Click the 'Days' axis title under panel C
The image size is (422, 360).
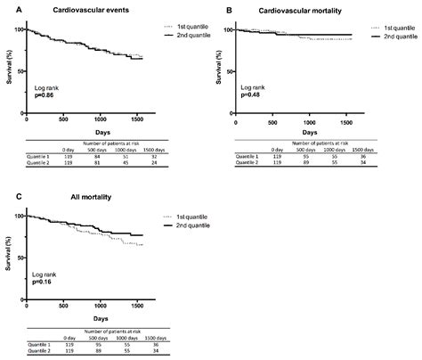89,319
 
